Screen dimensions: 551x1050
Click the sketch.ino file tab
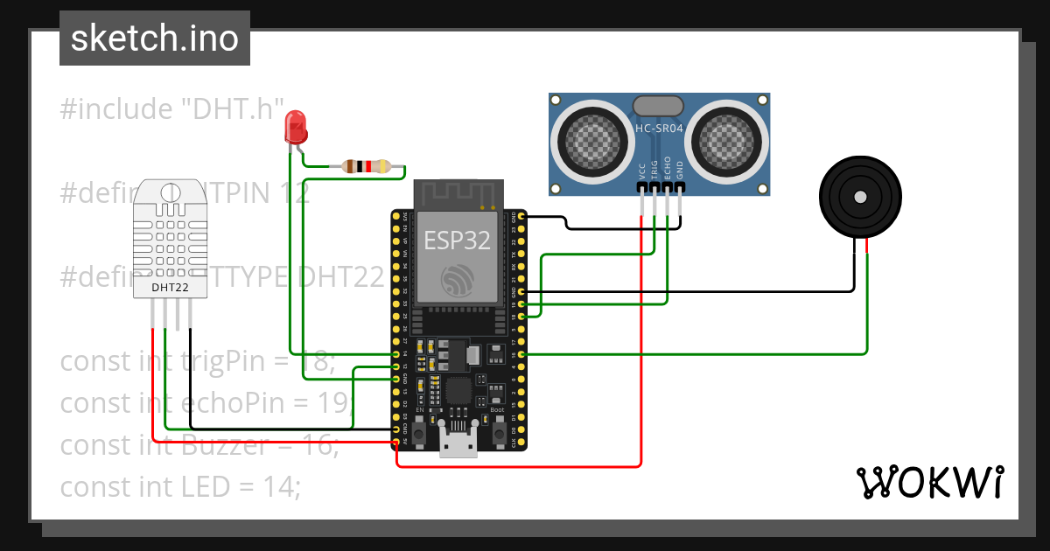coord(155,38)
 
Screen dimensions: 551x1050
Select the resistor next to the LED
coord(367,166)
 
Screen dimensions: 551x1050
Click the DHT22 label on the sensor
coord(170,287)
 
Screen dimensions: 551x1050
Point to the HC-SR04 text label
coord(659,129)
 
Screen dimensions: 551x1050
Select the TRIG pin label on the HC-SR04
coord(654,171)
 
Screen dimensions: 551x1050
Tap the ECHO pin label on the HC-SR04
coord(667,169)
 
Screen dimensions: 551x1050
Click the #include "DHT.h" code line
coord(172,109)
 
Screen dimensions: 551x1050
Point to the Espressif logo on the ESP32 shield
coord(457,280)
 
